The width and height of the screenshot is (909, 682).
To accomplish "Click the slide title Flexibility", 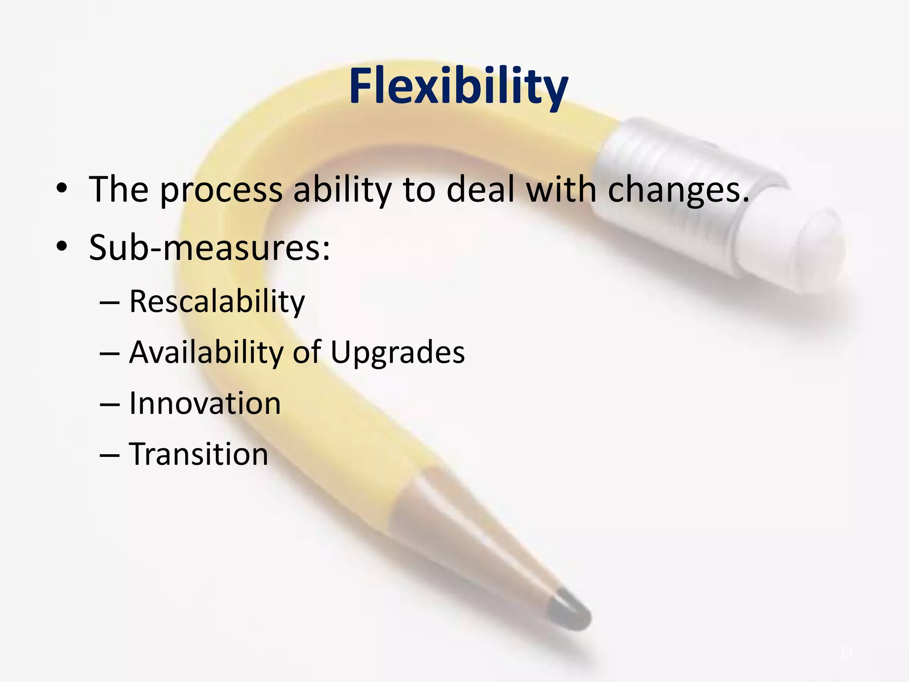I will coord(458,86).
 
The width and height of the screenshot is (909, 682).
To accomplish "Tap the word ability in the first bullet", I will coord(343,190).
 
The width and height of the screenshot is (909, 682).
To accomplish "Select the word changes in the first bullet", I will coord(678,190).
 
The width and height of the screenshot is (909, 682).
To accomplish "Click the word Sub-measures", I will coord(209,247).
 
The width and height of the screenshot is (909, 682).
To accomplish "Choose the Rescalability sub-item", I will coord(217,302).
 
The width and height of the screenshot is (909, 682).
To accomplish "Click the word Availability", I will coord(206,353).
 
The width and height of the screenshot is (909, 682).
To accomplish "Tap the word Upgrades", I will coord(398,353).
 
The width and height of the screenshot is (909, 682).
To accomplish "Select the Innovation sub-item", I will coord(205,404).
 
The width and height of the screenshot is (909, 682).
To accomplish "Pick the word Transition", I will coord(199,454).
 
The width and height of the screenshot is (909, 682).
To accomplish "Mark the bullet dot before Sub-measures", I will coord(62,247).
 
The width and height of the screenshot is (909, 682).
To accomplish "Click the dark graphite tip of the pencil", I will coord(570,611).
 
